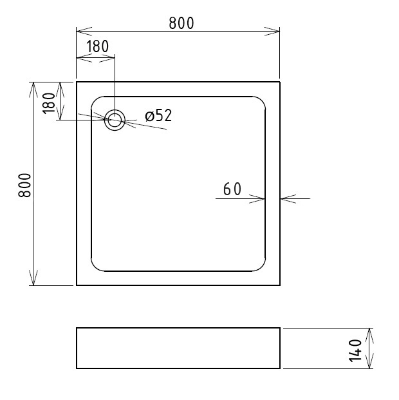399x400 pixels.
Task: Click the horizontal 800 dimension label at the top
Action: pyautogui.click(x=181, y=23)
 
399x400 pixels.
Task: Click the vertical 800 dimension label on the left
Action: pyautogui.click(x=24, y=186)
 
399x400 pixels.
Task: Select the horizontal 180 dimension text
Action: pyautogui.click(x=97, y=46)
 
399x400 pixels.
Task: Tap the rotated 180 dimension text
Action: pyautogui.click(x=49, y=103)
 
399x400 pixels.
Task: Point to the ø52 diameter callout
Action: pyautogui.click(x=158, y=115)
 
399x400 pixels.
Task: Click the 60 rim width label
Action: pyautogui.click(x=232, y=189)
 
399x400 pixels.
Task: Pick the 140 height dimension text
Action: pyautogui.click(x=355, y=350)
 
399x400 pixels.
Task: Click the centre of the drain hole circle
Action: pyautogui.click(x=115, y=120)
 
